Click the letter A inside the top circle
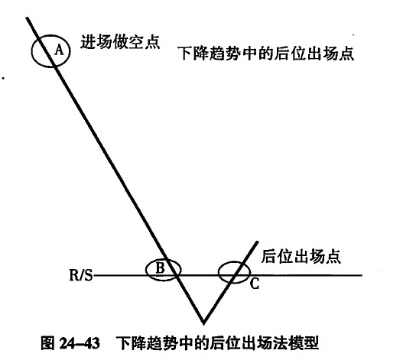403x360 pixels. (59, 50)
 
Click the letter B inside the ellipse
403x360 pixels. (160, 268)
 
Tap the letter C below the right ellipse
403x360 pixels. (255, 284)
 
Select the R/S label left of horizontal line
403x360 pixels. (81, 275)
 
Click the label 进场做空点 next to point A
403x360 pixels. (120, 41)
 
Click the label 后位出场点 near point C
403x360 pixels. (301, 256)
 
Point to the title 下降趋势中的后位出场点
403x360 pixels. (266, 54)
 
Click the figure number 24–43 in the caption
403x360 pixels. (80, 342)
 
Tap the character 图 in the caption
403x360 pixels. (48, 342)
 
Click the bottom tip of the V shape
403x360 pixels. (203, 323)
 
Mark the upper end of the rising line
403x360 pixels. (257, 242)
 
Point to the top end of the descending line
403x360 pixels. (27, 18)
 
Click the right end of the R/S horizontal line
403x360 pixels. (362, 275)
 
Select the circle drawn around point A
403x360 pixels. (32, 51)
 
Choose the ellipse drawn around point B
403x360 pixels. (146, 270)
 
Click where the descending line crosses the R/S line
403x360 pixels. (177, 275)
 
